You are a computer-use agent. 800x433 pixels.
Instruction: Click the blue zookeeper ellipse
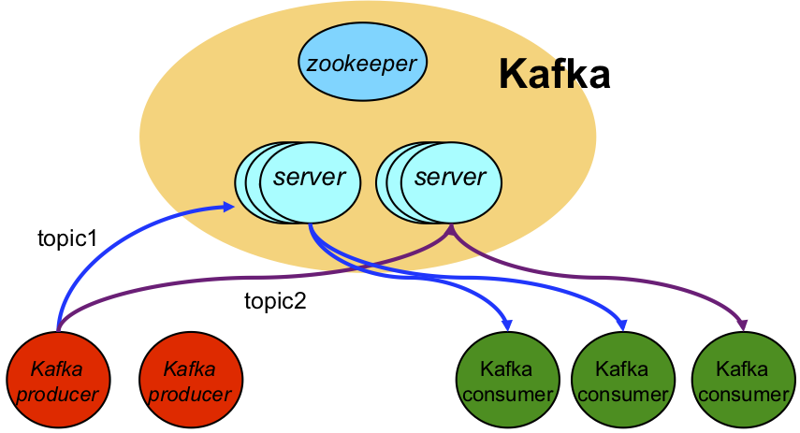click(x=362, y=64)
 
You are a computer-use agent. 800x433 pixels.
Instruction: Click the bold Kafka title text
click(x=554, y=74)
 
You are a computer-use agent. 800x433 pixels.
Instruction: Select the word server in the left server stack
click(x=310, y=176)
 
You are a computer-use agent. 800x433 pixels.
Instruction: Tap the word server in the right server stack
click(x=451, y=176)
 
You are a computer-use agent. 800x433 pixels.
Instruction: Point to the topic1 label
click(x=67, y=238)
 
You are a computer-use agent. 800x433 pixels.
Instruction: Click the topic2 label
click(x=275, y=301)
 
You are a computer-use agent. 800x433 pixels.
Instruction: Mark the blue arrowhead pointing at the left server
click(x=227, y=206)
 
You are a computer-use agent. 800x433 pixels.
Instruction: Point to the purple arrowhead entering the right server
click(x=451, y=227)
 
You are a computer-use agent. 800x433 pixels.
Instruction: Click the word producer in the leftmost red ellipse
click(x=58, y=394)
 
